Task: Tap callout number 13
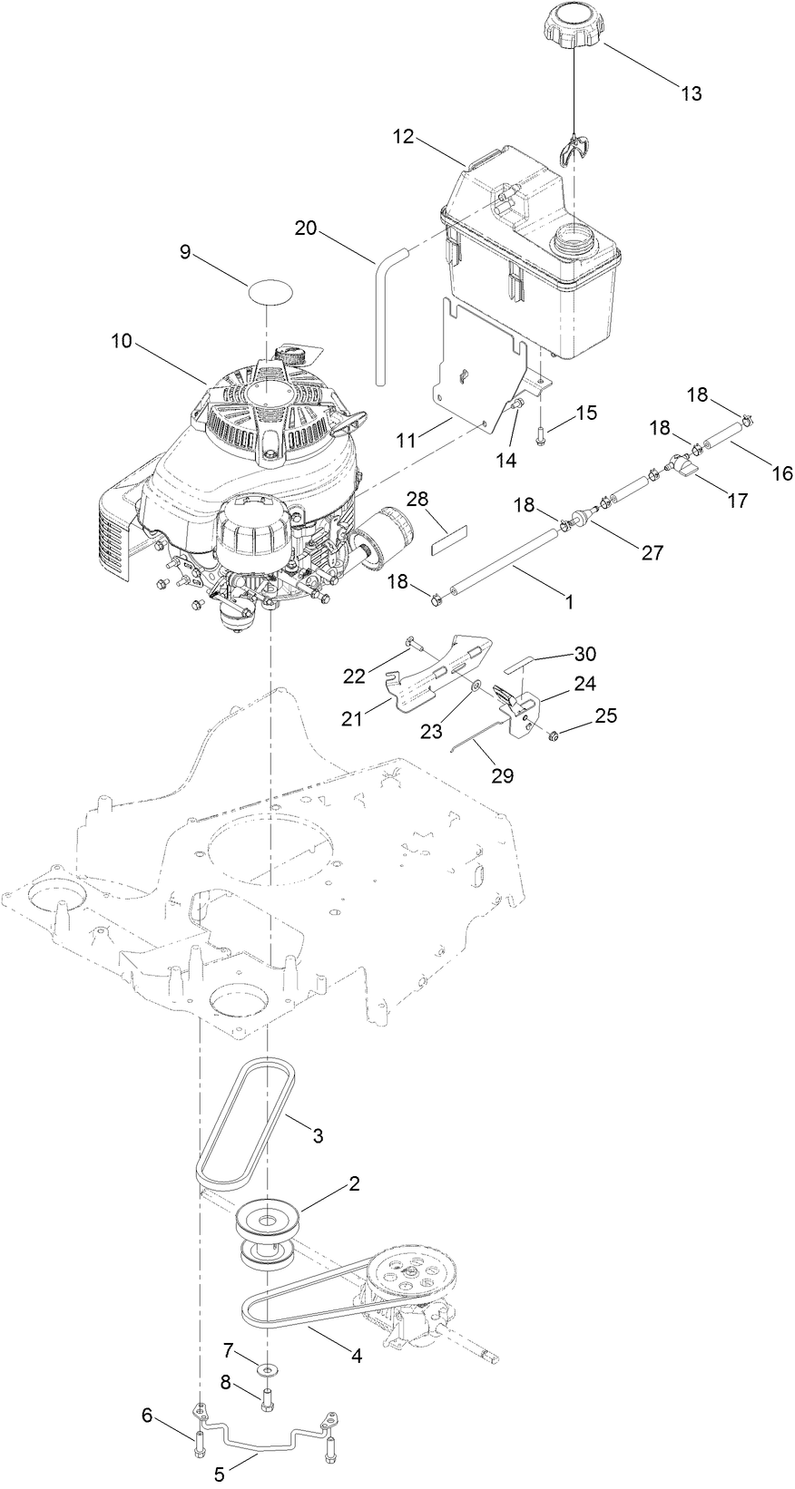click(x=691, y=93)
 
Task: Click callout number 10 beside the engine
click(x=122, y=341)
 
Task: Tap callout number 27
click(x=653, y=552)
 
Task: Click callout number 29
click(x=503, y=775)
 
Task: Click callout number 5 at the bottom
click(x=219, y=1475)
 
